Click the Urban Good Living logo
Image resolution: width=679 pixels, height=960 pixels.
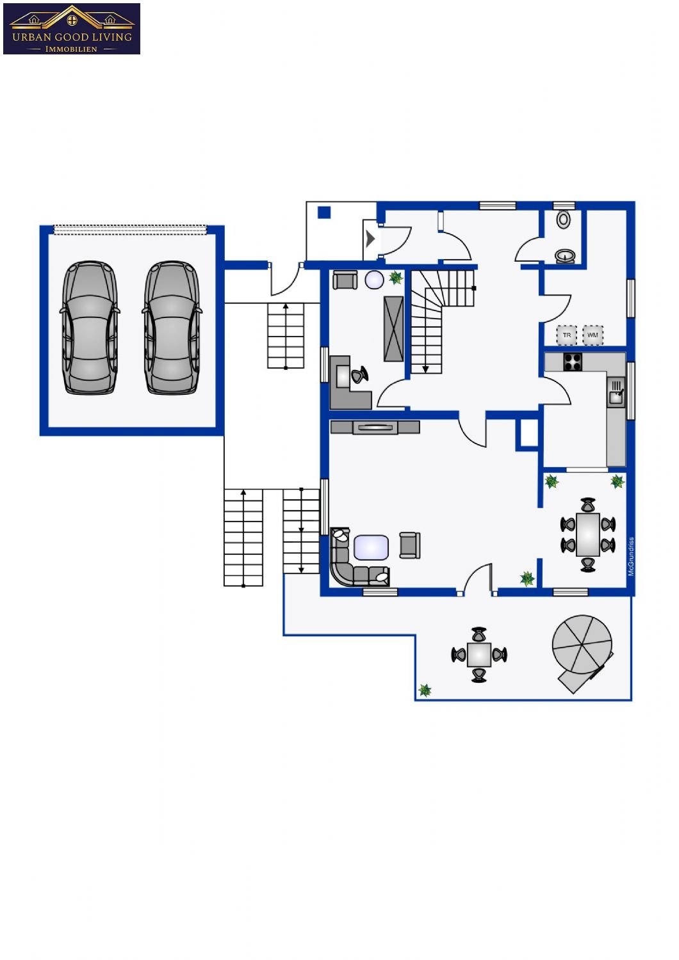pos(72,29)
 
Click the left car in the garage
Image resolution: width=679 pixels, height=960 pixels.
pos(90,328)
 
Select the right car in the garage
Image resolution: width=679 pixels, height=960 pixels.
pos(171,328)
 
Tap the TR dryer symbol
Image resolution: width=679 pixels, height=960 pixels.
pos(567,335)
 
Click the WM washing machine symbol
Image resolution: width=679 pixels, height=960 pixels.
pos(593,335)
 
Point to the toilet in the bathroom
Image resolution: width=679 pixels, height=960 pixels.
pos(563,220)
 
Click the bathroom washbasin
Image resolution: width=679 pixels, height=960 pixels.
pos(566,256)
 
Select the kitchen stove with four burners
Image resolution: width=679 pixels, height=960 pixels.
pos(573,362)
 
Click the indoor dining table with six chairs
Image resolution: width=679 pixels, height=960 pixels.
pos(588,534)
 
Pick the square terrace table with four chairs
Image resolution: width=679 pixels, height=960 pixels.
pos(479,655)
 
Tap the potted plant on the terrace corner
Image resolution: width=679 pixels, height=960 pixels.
pos(425,690)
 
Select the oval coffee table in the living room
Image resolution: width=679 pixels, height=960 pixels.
pos(372,547)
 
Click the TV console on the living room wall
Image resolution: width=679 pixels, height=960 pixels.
pos(375,428)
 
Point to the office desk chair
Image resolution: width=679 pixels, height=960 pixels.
pos(359,375)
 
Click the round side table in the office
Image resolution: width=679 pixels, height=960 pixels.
pos(375,280)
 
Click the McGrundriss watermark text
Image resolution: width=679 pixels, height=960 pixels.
pos(631,557)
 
